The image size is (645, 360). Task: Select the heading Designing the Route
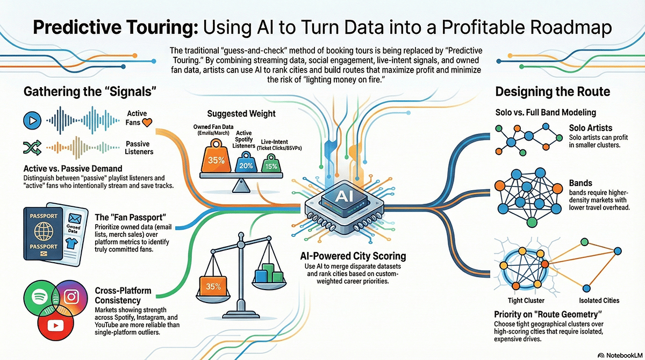[x=553, y=91]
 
